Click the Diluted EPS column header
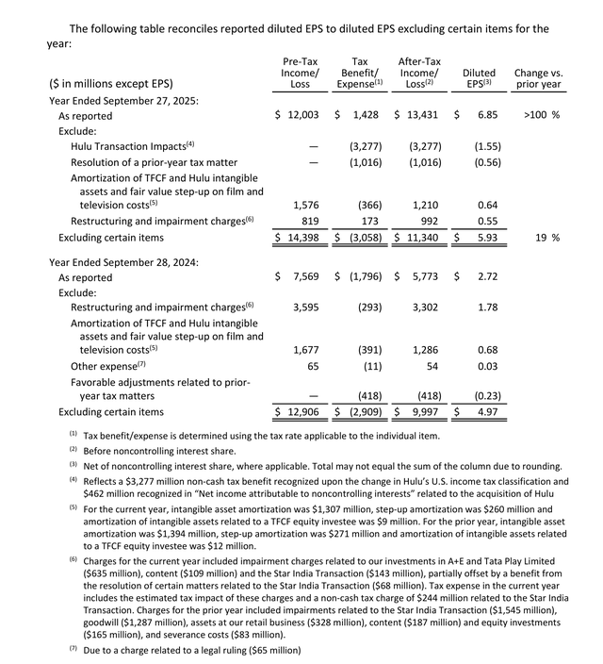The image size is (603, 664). tap(479, 78)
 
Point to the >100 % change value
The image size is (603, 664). tap(541, 114)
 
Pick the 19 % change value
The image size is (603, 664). tap(549, 238)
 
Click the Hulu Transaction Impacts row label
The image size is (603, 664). tap(132, 146)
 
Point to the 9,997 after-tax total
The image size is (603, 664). tap(421, 411)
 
